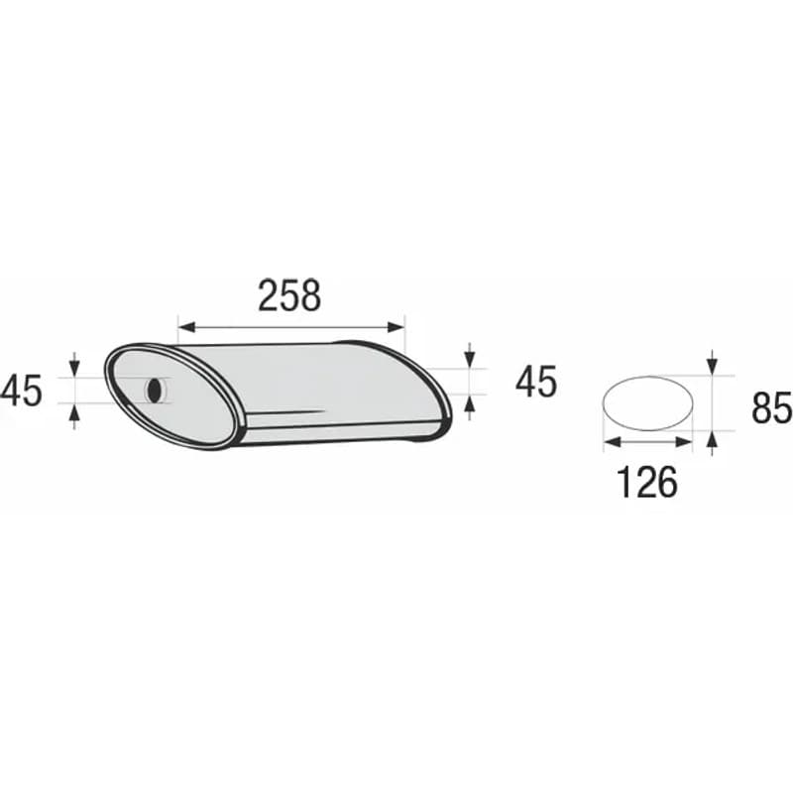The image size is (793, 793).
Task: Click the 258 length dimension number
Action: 289,295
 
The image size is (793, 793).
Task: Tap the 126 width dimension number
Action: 647,482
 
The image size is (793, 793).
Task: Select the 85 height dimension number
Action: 772,407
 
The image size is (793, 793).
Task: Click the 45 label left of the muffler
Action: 21,391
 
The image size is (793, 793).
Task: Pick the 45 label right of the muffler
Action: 536,382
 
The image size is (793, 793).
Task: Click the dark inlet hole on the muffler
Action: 155,390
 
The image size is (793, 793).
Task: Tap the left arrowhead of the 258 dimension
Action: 186,327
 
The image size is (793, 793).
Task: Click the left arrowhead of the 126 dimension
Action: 612,442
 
